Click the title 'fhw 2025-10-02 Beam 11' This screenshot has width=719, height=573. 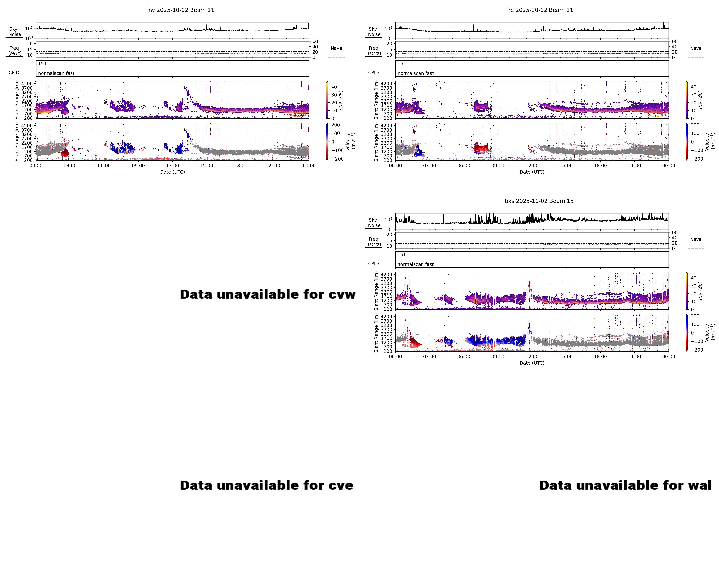(179, 10)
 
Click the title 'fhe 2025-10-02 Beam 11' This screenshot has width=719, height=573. (539, 10)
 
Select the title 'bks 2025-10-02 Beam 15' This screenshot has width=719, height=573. (539, 201)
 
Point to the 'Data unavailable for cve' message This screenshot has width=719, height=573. (266, 485)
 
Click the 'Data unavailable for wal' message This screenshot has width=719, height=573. (625, 485)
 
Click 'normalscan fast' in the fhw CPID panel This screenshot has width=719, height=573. (56, 73)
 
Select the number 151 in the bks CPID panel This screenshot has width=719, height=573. (402, 255)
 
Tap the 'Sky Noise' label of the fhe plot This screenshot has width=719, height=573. (374, 32)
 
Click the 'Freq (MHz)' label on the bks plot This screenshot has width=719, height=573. (374, 241)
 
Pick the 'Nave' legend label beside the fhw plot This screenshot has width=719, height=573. (336, 48)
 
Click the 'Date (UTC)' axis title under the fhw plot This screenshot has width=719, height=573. (172, 172)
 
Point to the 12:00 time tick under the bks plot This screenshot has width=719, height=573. (532, 356)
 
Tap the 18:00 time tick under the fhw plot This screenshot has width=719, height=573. (241, 166)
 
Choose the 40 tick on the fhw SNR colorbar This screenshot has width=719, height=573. (334, 87)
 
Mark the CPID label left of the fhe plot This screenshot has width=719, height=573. (373, 73)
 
